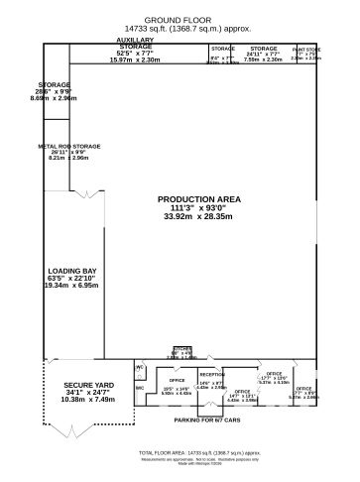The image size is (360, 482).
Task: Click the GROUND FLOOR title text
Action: pyautogui.click(x=180, y=19)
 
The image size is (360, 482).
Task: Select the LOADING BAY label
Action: pyautogui.click(x=70, y=269)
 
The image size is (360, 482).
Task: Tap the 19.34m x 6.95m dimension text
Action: pyautogui.click(x=70, y=285)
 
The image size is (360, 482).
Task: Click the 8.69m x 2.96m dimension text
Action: pyautogui.click(x=55, y=99)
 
